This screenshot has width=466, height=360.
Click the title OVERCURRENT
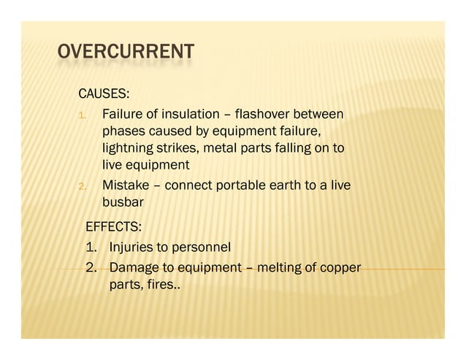click(126, 53)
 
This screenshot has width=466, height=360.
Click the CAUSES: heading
click(104, 94)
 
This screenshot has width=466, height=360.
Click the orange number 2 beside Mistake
click(83, 187)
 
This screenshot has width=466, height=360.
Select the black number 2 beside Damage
click(91, 267)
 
